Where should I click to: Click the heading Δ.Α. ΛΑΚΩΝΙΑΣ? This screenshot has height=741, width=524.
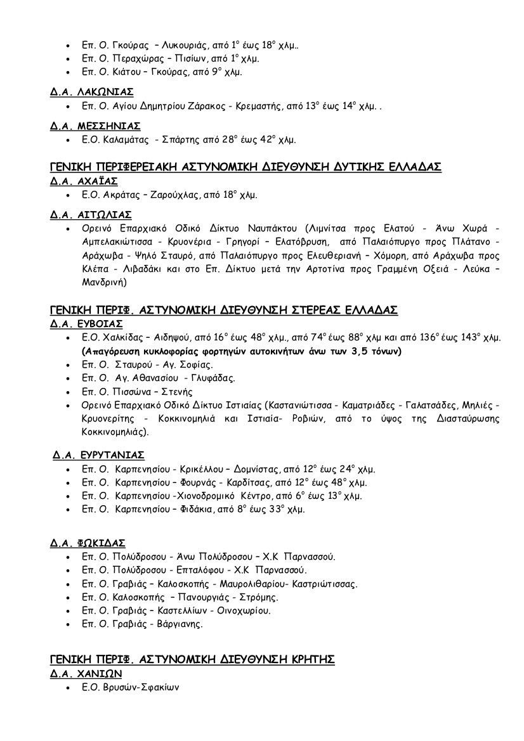92,91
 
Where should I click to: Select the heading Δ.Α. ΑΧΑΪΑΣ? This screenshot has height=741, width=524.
84,180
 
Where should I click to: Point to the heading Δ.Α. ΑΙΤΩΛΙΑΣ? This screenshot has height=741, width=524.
91,214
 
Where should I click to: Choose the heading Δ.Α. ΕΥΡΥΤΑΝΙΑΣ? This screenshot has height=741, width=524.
99,454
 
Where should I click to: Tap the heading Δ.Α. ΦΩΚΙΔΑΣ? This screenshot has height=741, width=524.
88,543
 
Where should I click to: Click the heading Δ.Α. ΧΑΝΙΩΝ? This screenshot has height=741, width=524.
86,673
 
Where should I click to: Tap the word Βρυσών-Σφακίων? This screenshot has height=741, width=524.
138,686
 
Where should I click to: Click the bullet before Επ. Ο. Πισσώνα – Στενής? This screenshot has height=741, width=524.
69,392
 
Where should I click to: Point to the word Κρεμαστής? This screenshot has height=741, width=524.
253,105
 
